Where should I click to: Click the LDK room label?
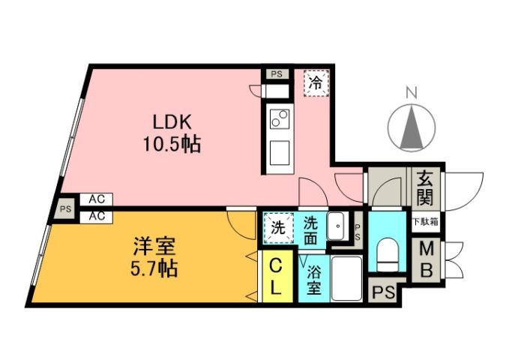[x=173, y=121]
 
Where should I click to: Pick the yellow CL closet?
[x=276, y=276]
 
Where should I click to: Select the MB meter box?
[x=426, y=259]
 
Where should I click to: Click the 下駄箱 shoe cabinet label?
[x=425, y=223]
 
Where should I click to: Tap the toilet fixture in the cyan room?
[x=388, y=255]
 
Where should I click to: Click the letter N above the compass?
[x=410, y=94]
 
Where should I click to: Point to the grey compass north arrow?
[x=410, y=127]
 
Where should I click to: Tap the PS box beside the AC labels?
[x=66, y=210]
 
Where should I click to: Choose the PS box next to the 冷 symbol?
[x=276, y=74]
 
